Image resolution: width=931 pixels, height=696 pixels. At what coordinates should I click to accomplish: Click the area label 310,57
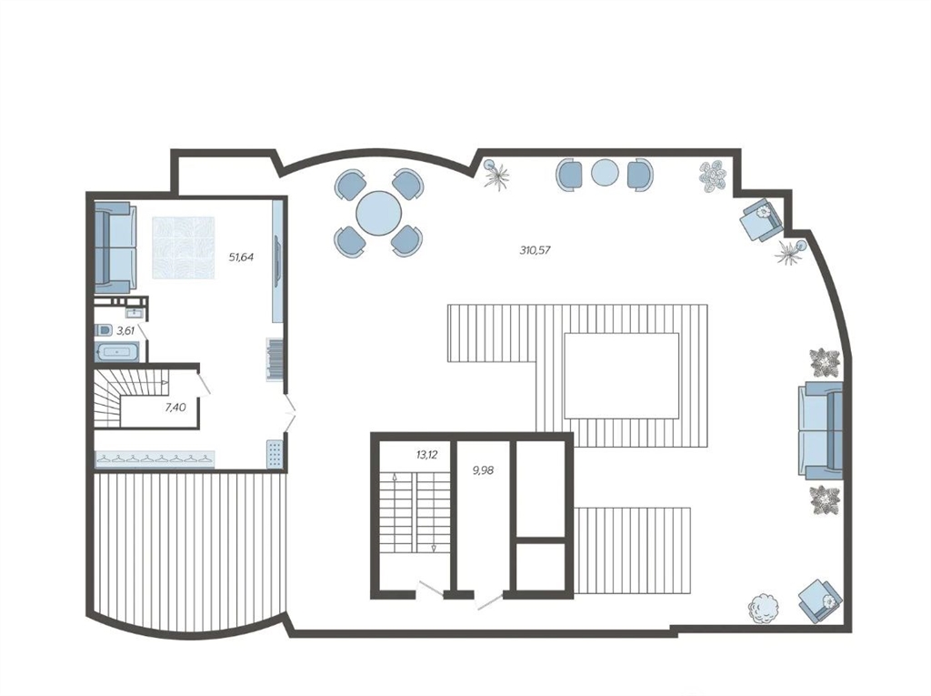coord(535,250)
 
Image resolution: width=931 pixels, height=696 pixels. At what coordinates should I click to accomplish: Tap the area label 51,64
coord(242,257)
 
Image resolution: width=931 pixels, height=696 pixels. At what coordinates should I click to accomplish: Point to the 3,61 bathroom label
coord(125,331)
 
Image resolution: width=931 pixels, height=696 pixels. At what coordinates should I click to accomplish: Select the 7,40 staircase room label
coord(175,408)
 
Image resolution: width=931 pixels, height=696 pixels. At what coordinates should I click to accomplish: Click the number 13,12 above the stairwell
coord(427,455)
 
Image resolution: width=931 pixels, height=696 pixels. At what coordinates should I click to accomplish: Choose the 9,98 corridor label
coord(483,470)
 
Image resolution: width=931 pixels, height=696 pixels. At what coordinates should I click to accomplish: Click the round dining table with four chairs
coord(379,213)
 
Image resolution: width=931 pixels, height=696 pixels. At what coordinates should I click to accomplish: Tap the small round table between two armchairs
coord(605,174)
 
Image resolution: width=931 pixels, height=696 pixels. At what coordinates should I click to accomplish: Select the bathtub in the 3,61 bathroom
coord(117,352)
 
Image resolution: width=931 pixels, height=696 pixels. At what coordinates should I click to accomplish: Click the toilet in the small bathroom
coord(104,330)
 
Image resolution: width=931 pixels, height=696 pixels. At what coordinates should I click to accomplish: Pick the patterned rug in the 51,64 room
coord(183,247)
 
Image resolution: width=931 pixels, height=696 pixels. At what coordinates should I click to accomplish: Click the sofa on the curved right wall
coord(821,431)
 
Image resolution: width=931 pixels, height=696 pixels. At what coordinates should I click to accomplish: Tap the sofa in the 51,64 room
coord(115,247)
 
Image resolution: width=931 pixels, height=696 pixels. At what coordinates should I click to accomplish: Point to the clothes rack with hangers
coord(155,459)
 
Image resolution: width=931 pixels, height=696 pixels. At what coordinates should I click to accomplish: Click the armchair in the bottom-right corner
coord(821,600)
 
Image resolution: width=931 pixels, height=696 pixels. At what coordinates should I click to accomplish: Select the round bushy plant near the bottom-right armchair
coord(763,609)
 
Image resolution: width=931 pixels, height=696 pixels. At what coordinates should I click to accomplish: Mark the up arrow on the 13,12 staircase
coord(395,477)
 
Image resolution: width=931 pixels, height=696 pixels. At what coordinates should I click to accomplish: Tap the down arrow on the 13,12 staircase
coord(434,548)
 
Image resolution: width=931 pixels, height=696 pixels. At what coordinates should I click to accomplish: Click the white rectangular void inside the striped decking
coord(621,376)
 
